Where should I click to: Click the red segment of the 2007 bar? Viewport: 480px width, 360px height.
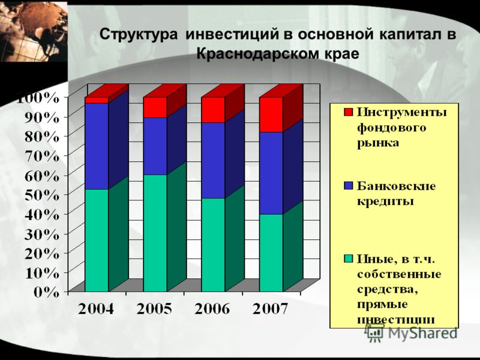pos(271,115)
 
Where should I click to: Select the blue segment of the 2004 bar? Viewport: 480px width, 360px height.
pos(97,146)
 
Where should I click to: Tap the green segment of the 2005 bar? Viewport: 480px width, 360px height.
pos(155,233)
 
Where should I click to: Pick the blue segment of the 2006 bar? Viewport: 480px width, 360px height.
pos(214,160)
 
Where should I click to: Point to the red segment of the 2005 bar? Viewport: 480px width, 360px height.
pos(155,107)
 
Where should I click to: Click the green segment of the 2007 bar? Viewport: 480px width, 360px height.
pos(271,253)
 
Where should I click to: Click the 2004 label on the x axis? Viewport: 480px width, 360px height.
pos(96,309)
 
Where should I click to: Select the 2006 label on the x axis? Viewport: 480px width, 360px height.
pos(212,309)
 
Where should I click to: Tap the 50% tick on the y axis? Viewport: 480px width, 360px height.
pos(41,194)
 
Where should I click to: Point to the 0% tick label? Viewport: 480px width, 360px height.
pos(47,292)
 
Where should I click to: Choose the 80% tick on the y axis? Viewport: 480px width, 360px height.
pos(41,136)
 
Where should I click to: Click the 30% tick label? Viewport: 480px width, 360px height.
pos(41,234)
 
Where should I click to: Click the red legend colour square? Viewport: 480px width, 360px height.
pos(349,112)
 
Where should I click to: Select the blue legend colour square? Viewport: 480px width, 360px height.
pos(349,185)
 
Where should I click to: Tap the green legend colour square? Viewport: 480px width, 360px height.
pos(349,259)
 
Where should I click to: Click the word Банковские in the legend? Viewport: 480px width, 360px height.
pos(396,186)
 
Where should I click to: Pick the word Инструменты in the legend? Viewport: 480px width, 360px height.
pos(401,113)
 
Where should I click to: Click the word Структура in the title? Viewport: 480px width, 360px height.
pos(139,34)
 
